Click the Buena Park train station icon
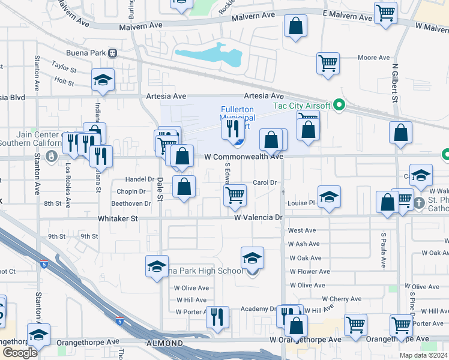pos(112,53)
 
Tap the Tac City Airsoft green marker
pos(339,106)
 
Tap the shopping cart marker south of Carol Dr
pos(235,194)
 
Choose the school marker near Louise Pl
pos(329,197)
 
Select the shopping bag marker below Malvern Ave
pos(295,26)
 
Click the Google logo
pos(20,353)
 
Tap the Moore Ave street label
pos(373,58)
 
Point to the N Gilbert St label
pos(396,84)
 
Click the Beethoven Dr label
pos(126,203)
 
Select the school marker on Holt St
pos(103,80)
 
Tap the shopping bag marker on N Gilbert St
pos(400,133)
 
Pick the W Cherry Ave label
pos(341,299)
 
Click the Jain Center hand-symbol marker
pos(53,157)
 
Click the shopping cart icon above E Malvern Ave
pos(385,11)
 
